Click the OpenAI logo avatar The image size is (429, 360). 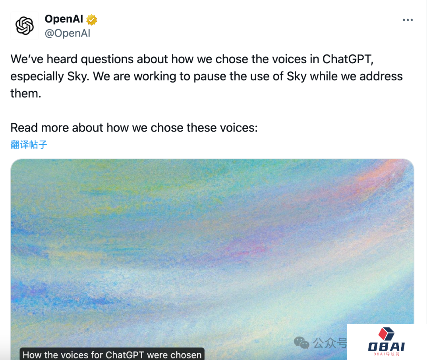pos(25,26)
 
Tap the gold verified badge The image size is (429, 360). pos(92,20)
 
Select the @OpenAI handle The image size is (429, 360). pos(67,33)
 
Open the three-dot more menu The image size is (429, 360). pos(408,20)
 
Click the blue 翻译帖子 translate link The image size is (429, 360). pos(29,145)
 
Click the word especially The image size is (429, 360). pos(37,77)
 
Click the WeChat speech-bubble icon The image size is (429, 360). pos(301,343)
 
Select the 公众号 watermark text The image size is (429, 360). pos(330,343)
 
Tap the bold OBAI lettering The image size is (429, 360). pos(386,347)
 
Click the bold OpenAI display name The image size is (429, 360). pos(64,19)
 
